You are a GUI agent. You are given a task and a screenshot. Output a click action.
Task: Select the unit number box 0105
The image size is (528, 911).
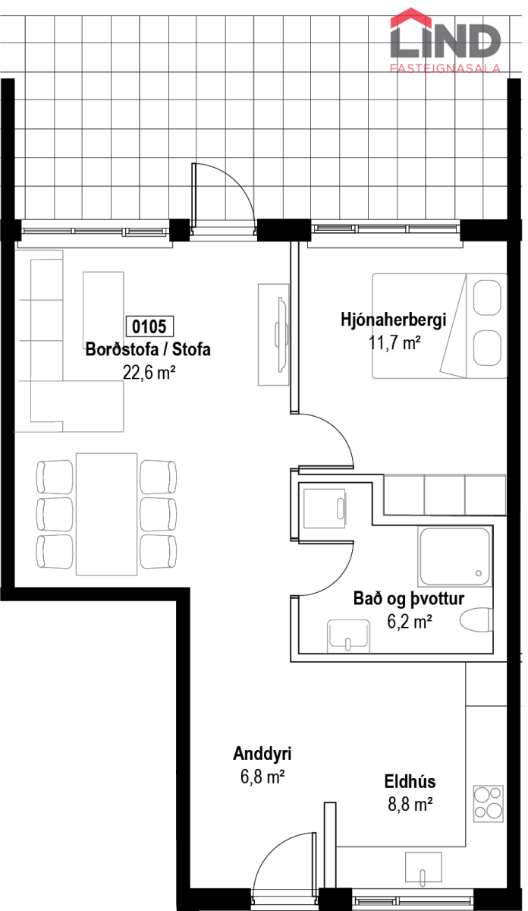[149, 326]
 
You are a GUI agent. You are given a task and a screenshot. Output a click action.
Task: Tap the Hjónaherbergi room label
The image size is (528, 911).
[394, 320]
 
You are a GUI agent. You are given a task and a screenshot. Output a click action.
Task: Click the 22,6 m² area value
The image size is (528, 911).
[149, 373]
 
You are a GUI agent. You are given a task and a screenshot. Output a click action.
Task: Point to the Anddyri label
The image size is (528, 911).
[262, 754]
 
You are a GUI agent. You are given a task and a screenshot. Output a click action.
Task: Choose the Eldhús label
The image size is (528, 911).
[410, 782]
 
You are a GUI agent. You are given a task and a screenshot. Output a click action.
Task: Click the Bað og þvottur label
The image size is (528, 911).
[409, 599]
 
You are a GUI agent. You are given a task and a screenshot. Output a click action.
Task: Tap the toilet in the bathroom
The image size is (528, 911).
[476, 620]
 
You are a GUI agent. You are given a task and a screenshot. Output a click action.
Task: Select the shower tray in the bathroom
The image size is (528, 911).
[455, 556]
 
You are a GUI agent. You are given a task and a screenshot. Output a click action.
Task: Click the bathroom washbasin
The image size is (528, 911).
[349, 635]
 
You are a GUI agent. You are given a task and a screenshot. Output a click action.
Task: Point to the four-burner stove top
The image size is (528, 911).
[488, 804]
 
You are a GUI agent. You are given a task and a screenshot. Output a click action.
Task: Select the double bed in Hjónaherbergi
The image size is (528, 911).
[440, 326]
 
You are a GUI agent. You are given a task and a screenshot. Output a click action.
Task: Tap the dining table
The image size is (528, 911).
[106, 514]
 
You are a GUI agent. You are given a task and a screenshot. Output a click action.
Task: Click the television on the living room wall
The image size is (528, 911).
[282, 334]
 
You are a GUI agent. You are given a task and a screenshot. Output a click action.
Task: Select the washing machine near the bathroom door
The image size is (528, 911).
[325, 509]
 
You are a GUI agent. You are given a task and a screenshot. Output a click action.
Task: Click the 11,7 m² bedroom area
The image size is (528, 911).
[394, 343]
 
